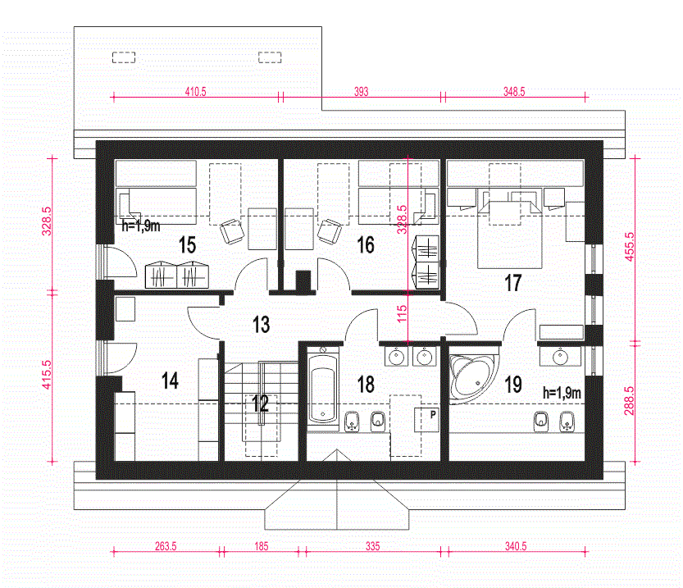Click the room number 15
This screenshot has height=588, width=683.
187,244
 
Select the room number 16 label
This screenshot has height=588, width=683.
366,244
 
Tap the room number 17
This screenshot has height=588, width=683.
512,283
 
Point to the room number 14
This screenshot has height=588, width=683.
170,381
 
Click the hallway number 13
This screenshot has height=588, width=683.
261,325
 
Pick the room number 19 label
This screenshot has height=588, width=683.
512,385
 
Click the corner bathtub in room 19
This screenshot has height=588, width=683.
473,376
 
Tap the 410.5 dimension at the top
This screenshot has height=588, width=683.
196,92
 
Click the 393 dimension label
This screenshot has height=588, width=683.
361,92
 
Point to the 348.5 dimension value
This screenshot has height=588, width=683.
514,92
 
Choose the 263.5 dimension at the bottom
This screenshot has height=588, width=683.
166,546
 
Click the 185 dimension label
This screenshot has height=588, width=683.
262,546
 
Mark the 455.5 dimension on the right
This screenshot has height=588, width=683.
630,247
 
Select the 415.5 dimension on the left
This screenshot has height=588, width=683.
46,375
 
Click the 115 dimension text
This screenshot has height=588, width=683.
402,313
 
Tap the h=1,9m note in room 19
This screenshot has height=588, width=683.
562,393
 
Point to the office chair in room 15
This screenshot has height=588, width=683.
232,231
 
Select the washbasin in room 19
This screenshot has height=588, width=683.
560,358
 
